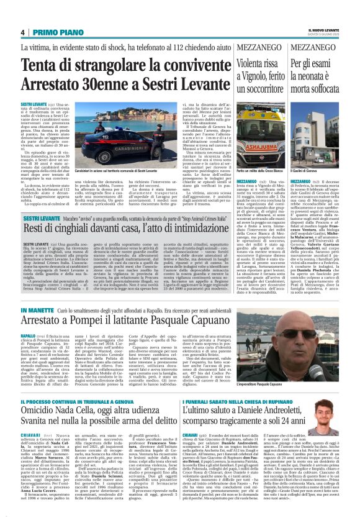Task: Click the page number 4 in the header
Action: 22,32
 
